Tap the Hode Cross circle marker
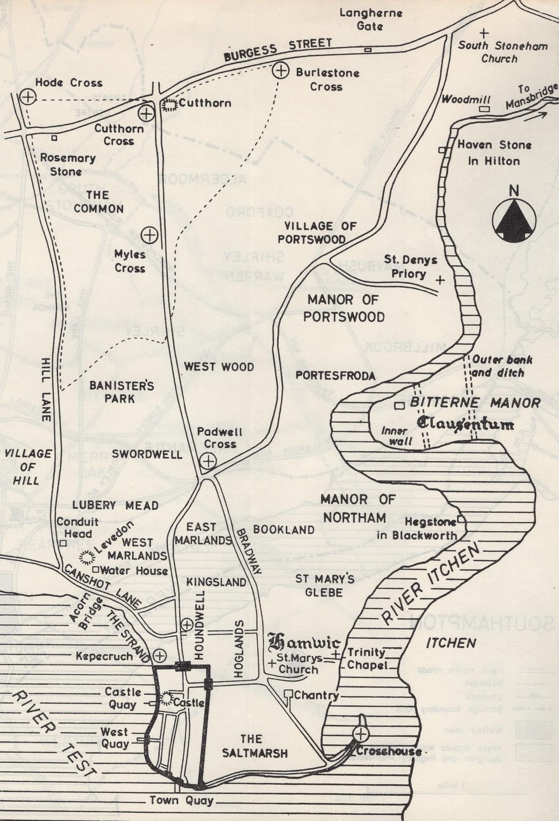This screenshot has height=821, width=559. [x=28, y=96]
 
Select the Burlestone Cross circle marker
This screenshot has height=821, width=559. [x=281, y=71]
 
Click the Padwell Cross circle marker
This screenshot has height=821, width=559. [x=208, y=461]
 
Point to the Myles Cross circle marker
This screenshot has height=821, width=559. [x=150, y=235]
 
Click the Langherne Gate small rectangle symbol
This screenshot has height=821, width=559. [x=368, y=50]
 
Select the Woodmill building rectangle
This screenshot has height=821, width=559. [x=484, y=109]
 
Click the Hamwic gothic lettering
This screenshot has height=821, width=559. [x=304, y=643]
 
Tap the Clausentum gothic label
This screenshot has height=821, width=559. [x=465, y=423]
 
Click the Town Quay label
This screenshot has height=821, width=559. [x=181, y=801]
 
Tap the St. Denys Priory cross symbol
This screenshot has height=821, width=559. [x=440, y=280]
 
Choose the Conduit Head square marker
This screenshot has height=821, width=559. [x=63, y=543]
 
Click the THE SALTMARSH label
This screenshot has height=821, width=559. [x=255, y=746]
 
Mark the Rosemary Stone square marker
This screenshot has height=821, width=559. [x=54, y=138]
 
